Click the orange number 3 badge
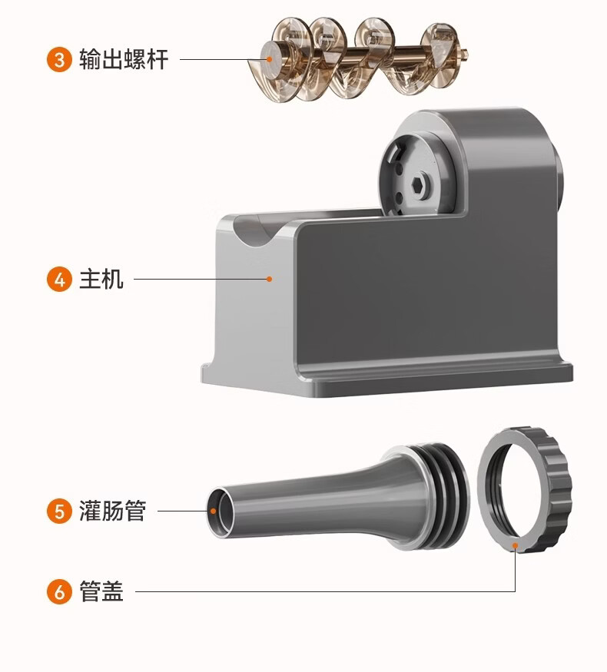(x=59, y=59)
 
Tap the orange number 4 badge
(x=59, y=279)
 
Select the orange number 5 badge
(x=59, y=511)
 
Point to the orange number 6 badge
(x=59, y=592)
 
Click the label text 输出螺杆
(x=123, y=59)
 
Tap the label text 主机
(x=101, y=279)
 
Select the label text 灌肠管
(x=112, y=511)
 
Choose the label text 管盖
(x=101, y=592)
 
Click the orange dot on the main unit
(x=269, y=279)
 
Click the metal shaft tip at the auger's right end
(x=466, y=54)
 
